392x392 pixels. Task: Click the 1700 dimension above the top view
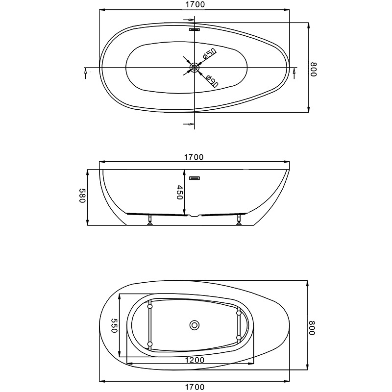point(195,4)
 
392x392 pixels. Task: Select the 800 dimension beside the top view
point(314,69)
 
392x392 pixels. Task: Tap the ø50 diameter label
point(209,54)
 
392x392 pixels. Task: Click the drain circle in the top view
point(194,67)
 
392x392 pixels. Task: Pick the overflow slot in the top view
point(194,29)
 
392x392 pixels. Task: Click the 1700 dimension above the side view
point(194,157)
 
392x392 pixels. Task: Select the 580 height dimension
point(83,196)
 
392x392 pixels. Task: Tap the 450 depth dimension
point(179,192)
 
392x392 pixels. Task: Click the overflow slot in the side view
point(194,178)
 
